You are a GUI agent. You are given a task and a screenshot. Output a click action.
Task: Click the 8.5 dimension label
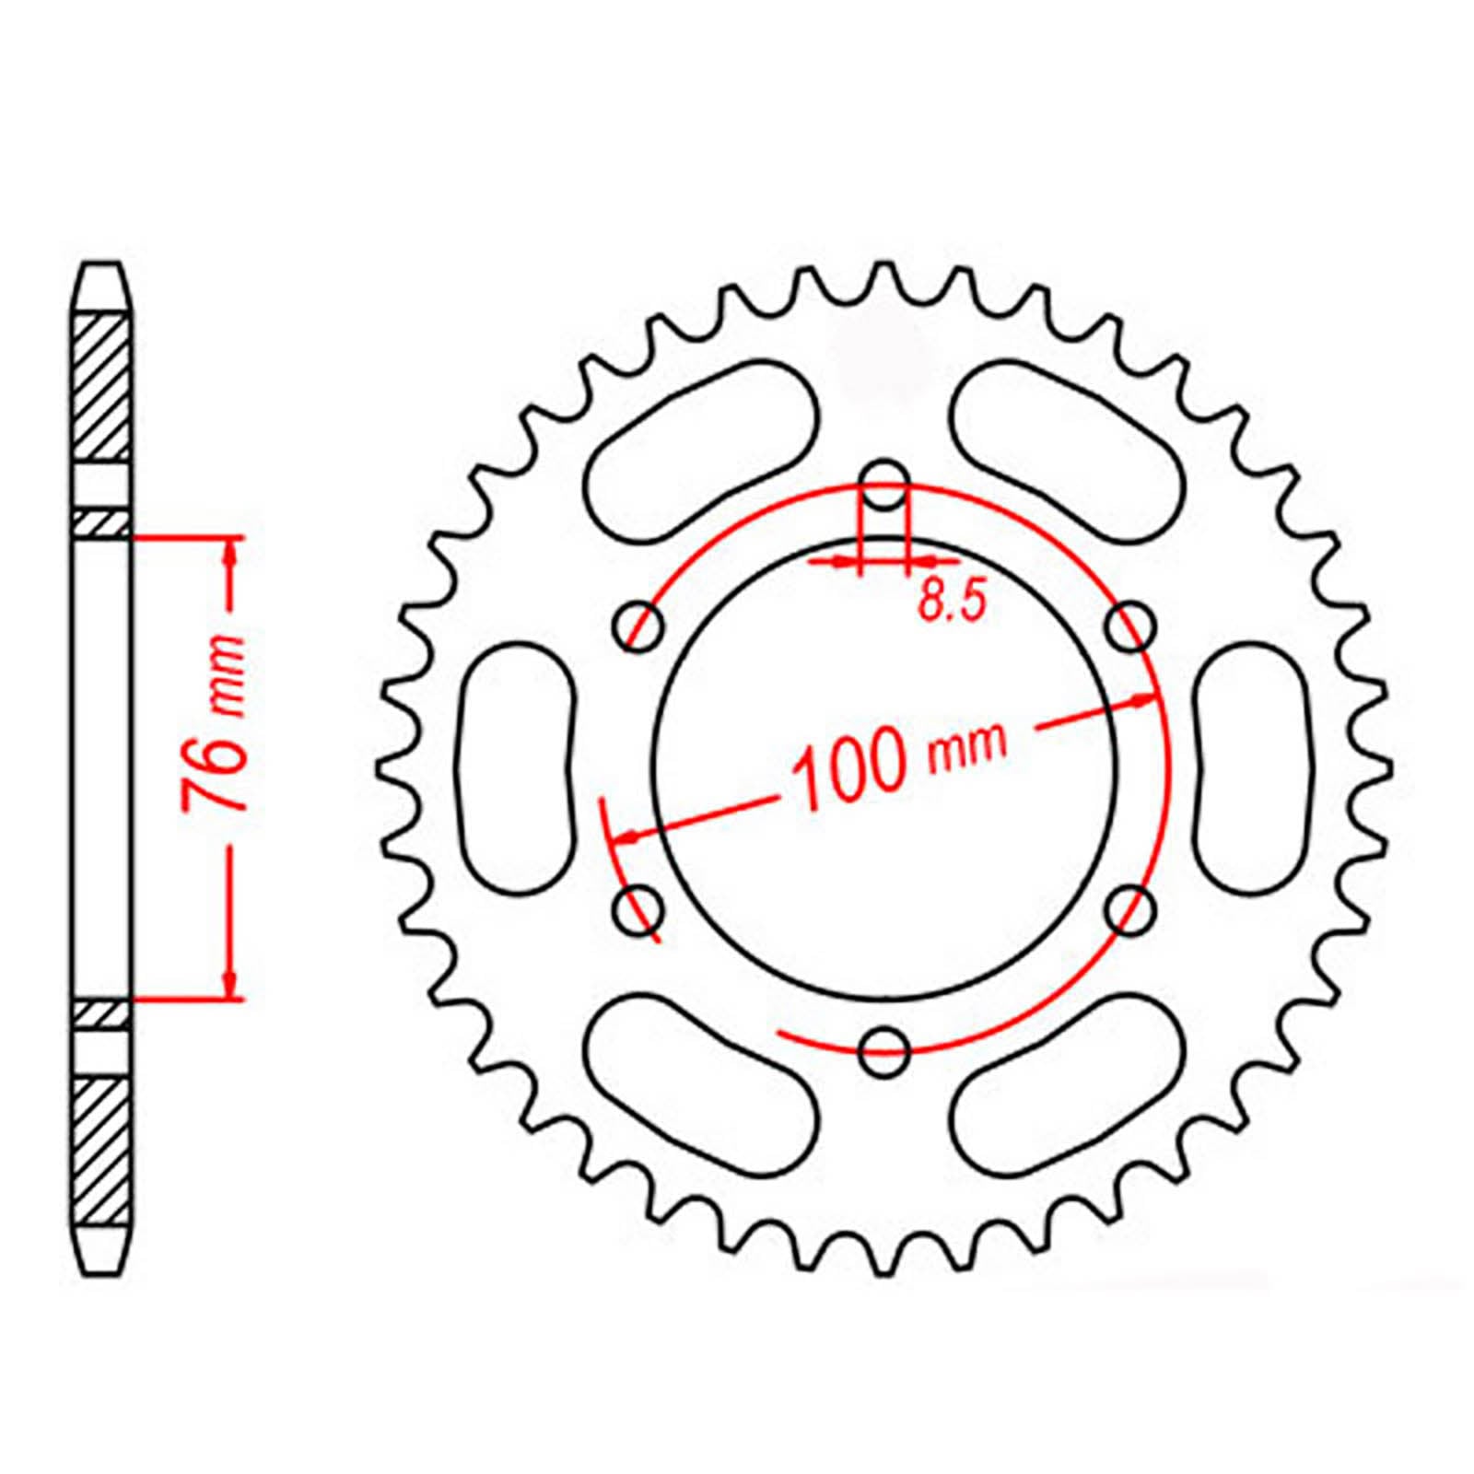953,602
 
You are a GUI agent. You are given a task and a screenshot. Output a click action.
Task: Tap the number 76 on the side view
215,766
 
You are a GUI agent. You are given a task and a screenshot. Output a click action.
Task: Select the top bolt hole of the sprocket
884,485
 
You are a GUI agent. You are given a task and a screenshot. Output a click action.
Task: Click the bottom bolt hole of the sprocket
884,1050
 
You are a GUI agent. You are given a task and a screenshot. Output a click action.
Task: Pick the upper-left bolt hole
638,626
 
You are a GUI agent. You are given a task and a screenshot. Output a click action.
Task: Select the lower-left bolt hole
638,910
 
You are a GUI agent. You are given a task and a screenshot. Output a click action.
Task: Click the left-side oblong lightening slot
516,768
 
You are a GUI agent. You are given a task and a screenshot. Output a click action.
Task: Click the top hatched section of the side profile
100,387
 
